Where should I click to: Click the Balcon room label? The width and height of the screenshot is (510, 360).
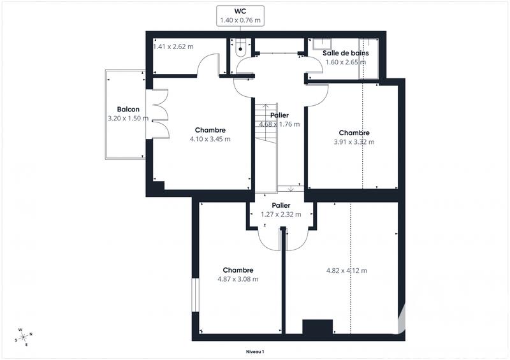(128, 109)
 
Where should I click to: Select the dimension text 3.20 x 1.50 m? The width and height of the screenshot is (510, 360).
(128, 118)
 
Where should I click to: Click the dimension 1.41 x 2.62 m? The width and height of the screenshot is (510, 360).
(173, 47)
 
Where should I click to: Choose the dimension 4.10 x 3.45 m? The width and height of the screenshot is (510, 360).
(210, 139)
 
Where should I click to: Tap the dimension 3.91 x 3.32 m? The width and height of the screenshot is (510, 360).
(354, 142)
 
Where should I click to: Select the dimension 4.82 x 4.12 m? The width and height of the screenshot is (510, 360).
(346, 270)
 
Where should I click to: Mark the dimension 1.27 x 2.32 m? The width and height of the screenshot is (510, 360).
(280, 215)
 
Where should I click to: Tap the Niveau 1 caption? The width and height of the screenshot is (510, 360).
(255, 352)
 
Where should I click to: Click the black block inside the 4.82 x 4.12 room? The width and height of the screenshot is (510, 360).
(317, 326)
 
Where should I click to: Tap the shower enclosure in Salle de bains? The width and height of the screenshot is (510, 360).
(370, 59)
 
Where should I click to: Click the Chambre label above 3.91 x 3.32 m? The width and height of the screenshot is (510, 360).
(354, 133)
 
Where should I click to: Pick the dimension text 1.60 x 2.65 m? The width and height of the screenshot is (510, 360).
(346, 62)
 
